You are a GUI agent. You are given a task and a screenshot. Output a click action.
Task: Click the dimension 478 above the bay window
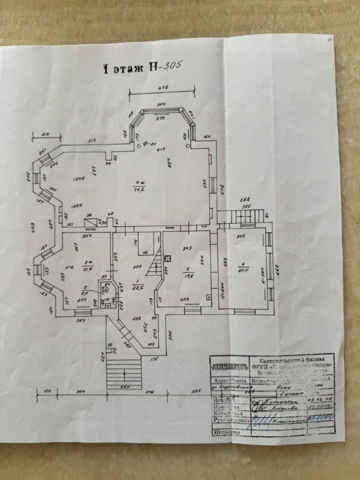pyautogui.click(x=162, y=87)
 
